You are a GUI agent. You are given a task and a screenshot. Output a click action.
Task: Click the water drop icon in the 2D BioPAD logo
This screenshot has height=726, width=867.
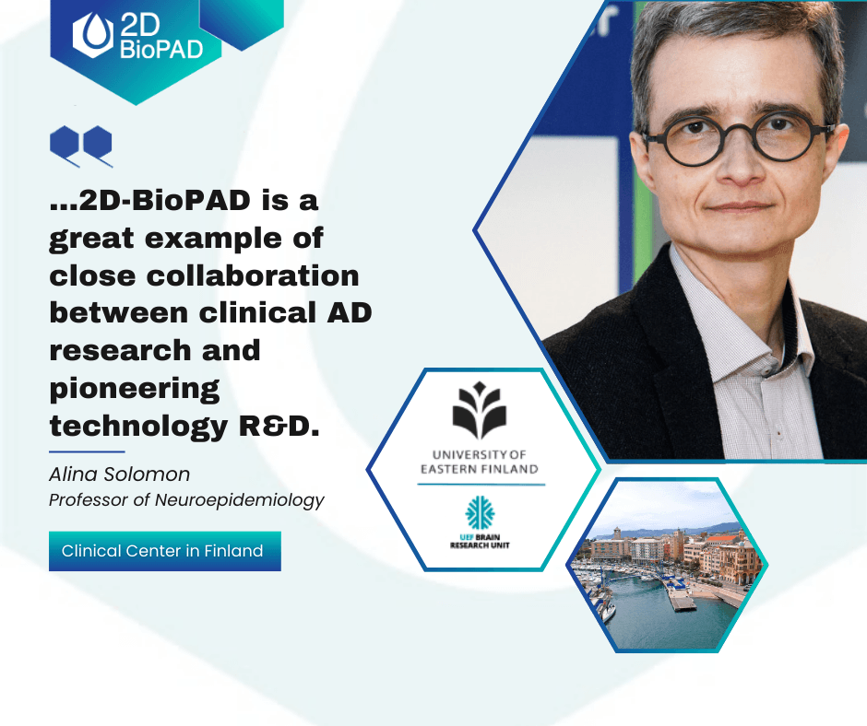coord(93,34)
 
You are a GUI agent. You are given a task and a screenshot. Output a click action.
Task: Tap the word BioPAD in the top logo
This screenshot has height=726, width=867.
coord(161,50)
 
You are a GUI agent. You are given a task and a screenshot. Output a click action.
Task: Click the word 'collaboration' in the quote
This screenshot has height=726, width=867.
coord(253,275)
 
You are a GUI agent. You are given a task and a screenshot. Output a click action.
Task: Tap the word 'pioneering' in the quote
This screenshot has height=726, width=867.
coord(135,390)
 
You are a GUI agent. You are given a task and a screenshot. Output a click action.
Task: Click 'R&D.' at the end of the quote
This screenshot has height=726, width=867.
coord(279,426)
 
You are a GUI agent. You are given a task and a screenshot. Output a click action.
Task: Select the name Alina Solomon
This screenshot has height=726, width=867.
coord(119,474)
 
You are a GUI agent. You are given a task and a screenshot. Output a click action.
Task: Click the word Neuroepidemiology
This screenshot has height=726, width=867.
coord(240,500)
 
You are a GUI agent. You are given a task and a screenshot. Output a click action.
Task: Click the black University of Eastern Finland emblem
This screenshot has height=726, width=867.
coord(480,409)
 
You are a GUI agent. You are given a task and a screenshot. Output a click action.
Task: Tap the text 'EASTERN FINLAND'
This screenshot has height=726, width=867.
coord(480,470)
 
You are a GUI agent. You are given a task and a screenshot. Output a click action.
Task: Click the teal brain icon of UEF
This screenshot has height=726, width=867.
coord(480,512)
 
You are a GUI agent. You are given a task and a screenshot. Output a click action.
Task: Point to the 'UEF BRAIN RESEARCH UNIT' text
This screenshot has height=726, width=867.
coord(480,542)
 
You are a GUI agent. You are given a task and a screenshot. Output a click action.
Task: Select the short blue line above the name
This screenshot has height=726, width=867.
coord(87,451)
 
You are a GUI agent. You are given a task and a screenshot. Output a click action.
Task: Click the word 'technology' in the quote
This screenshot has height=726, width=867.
coord(138,427)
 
